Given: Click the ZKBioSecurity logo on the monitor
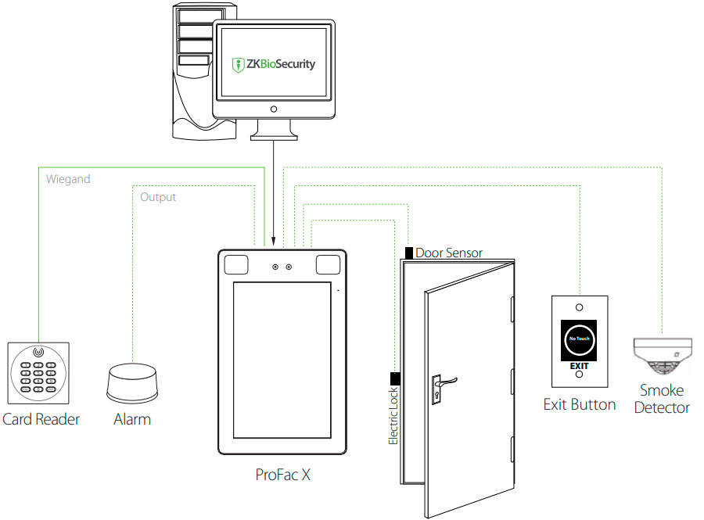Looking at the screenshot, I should tap(275, 64).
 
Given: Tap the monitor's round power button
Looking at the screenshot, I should tap(273, 109).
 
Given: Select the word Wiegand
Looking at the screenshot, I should tap(68, 179).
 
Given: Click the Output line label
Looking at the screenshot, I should tap(158, 197).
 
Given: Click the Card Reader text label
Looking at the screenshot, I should tap(41, 419).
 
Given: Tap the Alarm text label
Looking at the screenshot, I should tap(132, 419).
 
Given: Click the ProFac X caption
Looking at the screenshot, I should tap(283, 475).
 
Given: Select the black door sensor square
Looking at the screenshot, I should tap(409, 253).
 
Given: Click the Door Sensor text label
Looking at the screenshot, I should tap(449, 253).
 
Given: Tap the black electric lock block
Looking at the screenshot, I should tap(395, 379).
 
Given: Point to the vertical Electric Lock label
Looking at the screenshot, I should tap(394, 416).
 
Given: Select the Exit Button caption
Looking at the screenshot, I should tap(580, 404).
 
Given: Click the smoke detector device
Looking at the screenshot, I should tap(662, 357).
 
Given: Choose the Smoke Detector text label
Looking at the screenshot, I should tap(662, 399).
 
